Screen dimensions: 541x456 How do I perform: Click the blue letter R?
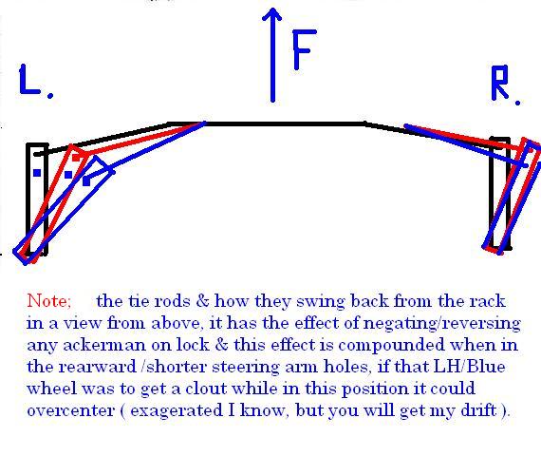(500, 83)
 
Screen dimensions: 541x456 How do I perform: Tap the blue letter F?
(305, 49)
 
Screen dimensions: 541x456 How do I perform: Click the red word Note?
(49, 300)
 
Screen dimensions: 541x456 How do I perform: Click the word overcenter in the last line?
(71, 410)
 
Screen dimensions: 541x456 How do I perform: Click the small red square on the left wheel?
(76, 159)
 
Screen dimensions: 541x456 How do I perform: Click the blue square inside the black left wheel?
(37, 173)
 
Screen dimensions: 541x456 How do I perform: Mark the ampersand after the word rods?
(202, 300)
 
